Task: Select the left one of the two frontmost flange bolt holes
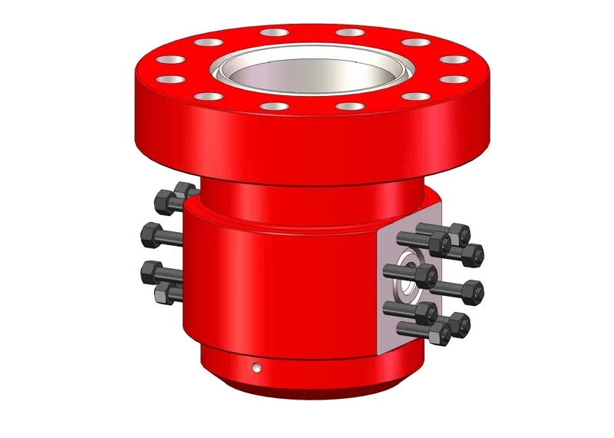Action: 272,106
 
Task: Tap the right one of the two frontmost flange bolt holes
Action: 349,106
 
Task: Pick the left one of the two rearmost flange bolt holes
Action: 272,33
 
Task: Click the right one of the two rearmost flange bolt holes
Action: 349,33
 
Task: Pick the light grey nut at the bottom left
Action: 163,292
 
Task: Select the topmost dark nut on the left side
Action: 163,202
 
